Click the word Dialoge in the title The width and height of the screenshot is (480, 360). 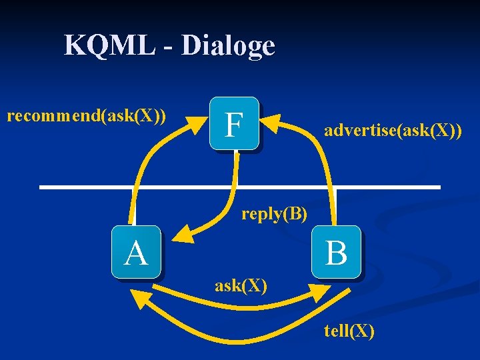click(227, 46)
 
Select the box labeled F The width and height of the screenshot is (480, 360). click(234, 123)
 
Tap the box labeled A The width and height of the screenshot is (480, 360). click(137, 253)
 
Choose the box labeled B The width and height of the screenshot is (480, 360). click(337, 252)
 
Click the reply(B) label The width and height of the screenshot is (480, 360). click(274, 214)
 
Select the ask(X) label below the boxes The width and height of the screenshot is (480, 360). click(241, 286)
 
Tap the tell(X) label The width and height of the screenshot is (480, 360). click(349, 331)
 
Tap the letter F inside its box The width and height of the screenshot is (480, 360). click(233, 124)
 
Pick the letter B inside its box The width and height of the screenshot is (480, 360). click(337, 253)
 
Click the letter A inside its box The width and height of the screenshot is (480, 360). click(136, 253)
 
